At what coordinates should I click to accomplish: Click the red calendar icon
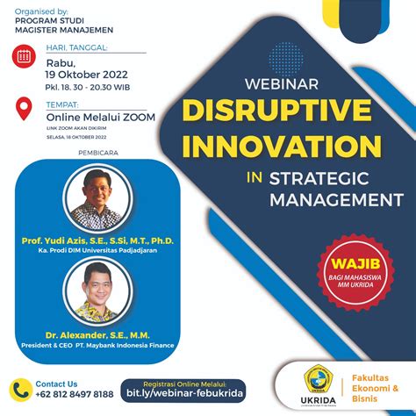(25, 59)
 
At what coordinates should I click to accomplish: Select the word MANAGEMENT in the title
(330, 199)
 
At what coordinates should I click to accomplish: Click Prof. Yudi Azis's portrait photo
(97, 200)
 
